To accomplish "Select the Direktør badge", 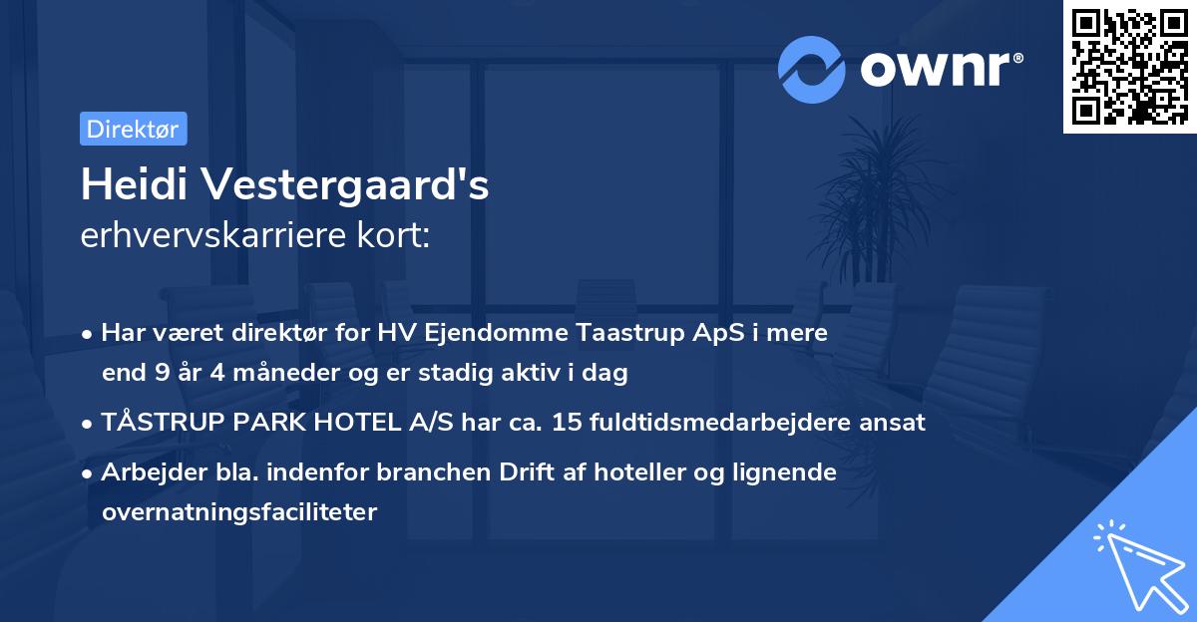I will click(133, 129).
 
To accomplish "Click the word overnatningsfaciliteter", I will click(239, 512).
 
